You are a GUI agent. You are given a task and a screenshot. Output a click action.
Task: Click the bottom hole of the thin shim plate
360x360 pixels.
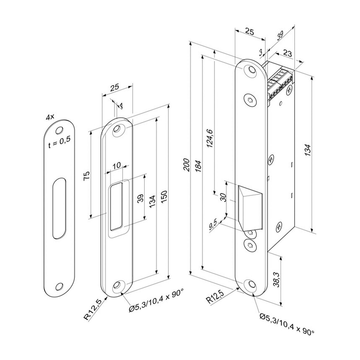click(59, 286)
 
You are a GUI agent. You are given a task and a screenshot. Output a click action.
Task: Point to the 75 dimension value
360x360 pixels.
click(87, 175)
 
